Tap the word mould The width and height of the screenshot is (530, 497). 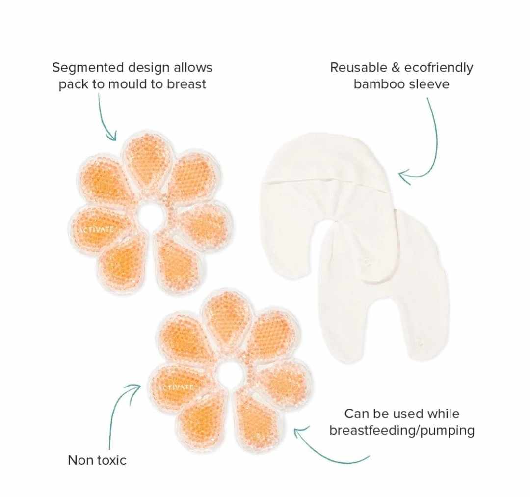click(x=131, y=84)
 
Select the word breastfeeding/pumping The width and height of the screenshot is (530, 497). click(x=402, y=431)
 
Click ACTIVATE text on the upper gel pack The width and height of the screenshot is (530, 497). click(x=96, y=229)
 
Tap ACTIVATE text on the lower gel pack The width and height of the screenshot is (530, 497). click(x=176, y=387)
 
